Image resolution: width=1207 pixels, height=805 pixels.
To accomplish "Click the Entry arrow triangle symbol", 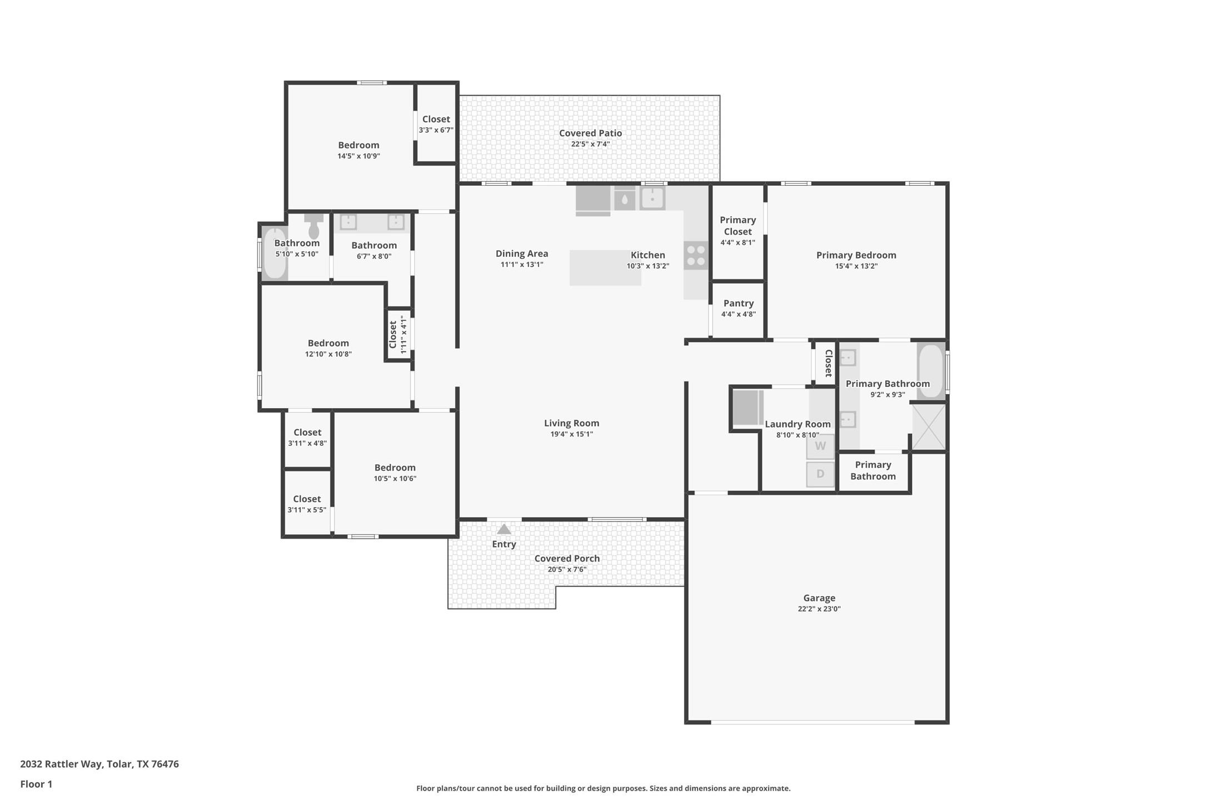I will [504, 529].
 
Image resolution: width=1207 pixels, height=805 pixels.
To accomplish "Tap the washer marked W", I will [820, 446].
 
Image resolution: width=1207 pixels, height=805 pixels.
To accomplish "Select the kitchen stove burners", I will [696, 256].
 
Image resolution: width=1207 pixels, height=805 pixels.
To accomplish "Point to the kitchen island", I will [605, 268].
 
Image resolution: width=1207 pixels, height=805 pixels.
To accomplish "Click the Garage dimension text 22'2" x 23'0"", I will [819, 609].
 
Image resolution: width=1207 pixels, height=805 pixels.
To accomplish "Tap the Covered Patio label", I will [590, 133].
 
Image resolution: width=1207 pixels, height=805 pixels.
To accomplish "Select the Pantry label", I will [739, 303].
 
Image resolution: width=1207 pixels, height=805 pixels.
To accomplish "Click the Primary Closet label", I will [737, 226].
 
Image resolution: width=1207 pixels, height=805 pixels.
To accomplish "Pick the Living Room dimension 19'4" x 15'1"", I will [571, 434].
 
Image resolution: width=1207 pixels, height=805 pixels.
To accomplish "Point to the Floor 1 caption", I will [36, 784].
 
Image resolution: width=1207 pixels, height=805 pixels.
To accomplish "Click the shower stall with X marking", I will [929, 427].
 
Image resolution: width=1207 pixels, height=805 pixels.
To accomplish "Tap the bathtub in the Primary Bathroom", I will [930, 371].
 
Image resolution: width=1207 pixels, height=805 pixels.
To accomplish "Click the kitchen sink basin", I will [652, 198].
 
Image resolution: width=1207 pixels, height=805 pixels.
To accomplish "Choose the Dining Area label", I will [522, 254].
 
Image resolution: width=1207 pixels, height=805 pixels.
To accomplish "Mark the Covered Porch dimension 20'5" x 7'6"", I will [567, 569].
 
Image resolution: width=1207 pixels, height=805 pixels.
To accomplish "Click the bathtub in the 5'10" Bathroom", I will [275, 254].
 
